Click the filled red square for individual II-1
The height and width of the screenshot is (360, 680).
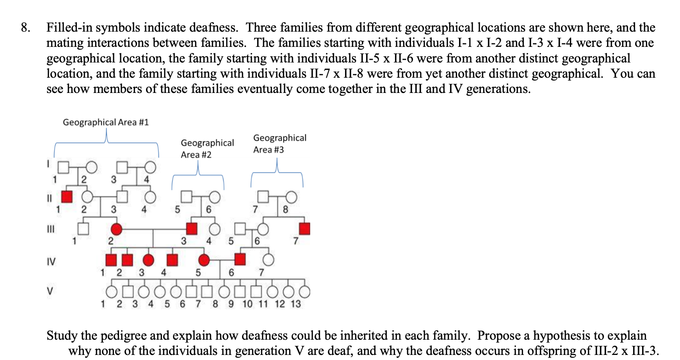[x=67, y=197]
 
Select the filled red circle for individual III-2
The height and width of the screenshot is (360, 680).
[x=116, y=229]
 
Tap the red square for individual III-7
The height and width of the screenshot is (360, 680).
[x=304, y=229]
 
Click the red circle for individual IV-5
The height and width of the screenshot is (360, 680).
[x=204, y=259]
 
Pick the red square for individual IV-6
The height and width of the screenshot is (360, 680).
[x=240, y=259]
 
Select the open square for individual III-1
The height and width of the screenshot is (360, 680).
[x=83, y=229]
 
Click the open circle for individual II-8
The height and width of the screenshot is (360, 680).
[x=291, y=197]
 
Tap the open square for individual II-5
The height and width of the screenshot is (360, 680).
[x=187, y=197]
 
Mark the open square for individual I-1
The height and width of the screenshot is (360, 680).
[x=63, y=168]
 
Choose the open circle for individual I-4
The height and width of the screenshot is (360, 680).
[x=150, y=168]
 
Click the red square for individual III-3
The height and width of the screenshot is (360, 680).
[x=191, y=229]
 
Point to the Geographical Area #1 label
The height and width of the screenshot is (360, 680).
[x=106, y=122]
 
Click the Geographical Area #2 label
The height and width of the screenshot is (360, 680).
[x=207, y=149]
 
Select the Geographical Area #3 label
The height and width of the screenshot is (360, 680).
[x=279, y=144]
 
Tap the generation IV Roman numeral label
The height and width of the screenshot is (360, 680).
[x=51, y=261]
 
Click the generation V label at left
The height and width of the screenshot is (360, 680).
[x=50, y=291]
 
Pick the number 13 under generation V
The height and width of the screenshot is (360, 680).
[x=295, y=304]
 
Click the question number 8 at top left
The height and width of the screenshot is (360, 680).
[x=25, y=28]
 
